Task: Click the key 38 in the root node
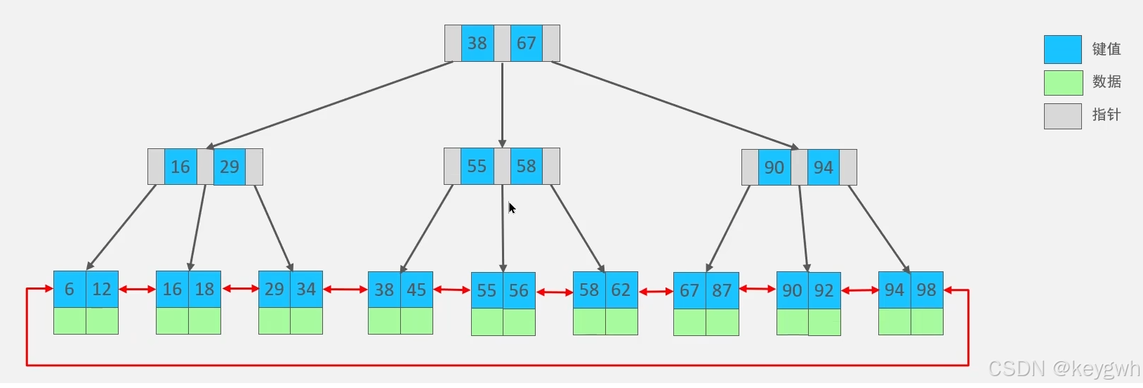[x=477, y=43]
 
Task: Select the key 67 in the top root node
[x=527, y=43]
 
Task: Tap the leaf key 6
[x=70, y=289]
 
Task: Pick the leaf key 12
[x=102, y=289]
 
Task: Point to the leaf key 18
[x=204, y=289]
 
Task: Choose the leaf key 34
[x=306, y=289]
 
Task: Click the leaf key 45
[x=416, y=290]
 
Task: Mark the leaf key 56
[x=519, y=290]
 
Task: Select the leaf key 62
[x=621, y=290]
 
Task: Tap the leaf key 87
[x=722, y=290]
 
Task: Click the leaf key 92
[x=824, y=290]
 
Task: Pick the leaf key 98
[x=927, y=290]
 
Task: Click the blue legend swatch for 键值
[x=1062, y=49]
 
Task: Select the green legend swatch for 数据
[x=1062, y=82]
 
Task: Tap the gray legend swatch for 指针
[x=1062, y=116]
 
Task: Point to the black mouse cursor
[x=512, y=208]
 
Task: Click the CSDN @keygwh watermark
[x=1064, y=368]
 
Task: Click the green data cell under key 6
[x=70, y=321]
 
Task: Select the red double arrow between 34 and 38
[x=345, y=289]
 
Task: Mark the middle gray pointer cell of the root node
[x=502, y=43]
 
